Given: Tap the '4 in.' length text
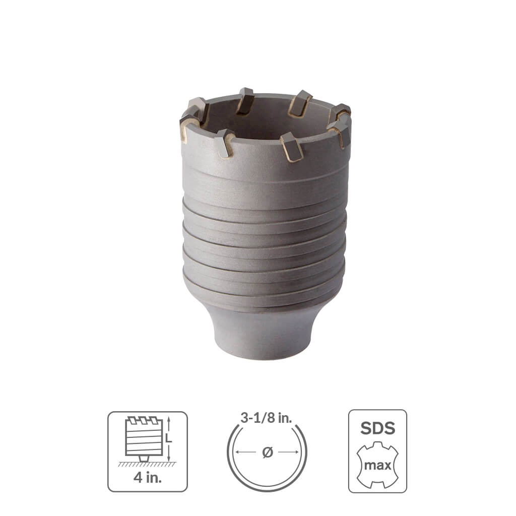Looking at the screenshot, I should point(147,477).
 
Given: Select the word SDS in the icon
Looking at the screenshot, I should point(377,428).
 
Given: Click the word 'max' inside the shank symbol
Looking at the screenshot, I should point(377,465).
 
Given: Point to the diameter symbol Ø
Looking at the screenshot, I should point(267,452).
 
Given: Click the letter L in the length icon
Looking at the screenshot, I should point(169,439).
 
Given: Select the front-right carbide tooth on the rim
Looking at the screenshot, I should point(293,146).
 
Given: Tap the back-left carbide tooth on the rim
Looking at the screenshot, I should point(245,100).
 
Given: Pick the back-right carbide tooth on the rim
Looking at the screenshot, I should point(300,102).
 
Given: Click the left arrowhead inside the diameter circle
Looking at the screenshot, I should point(238,452).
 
